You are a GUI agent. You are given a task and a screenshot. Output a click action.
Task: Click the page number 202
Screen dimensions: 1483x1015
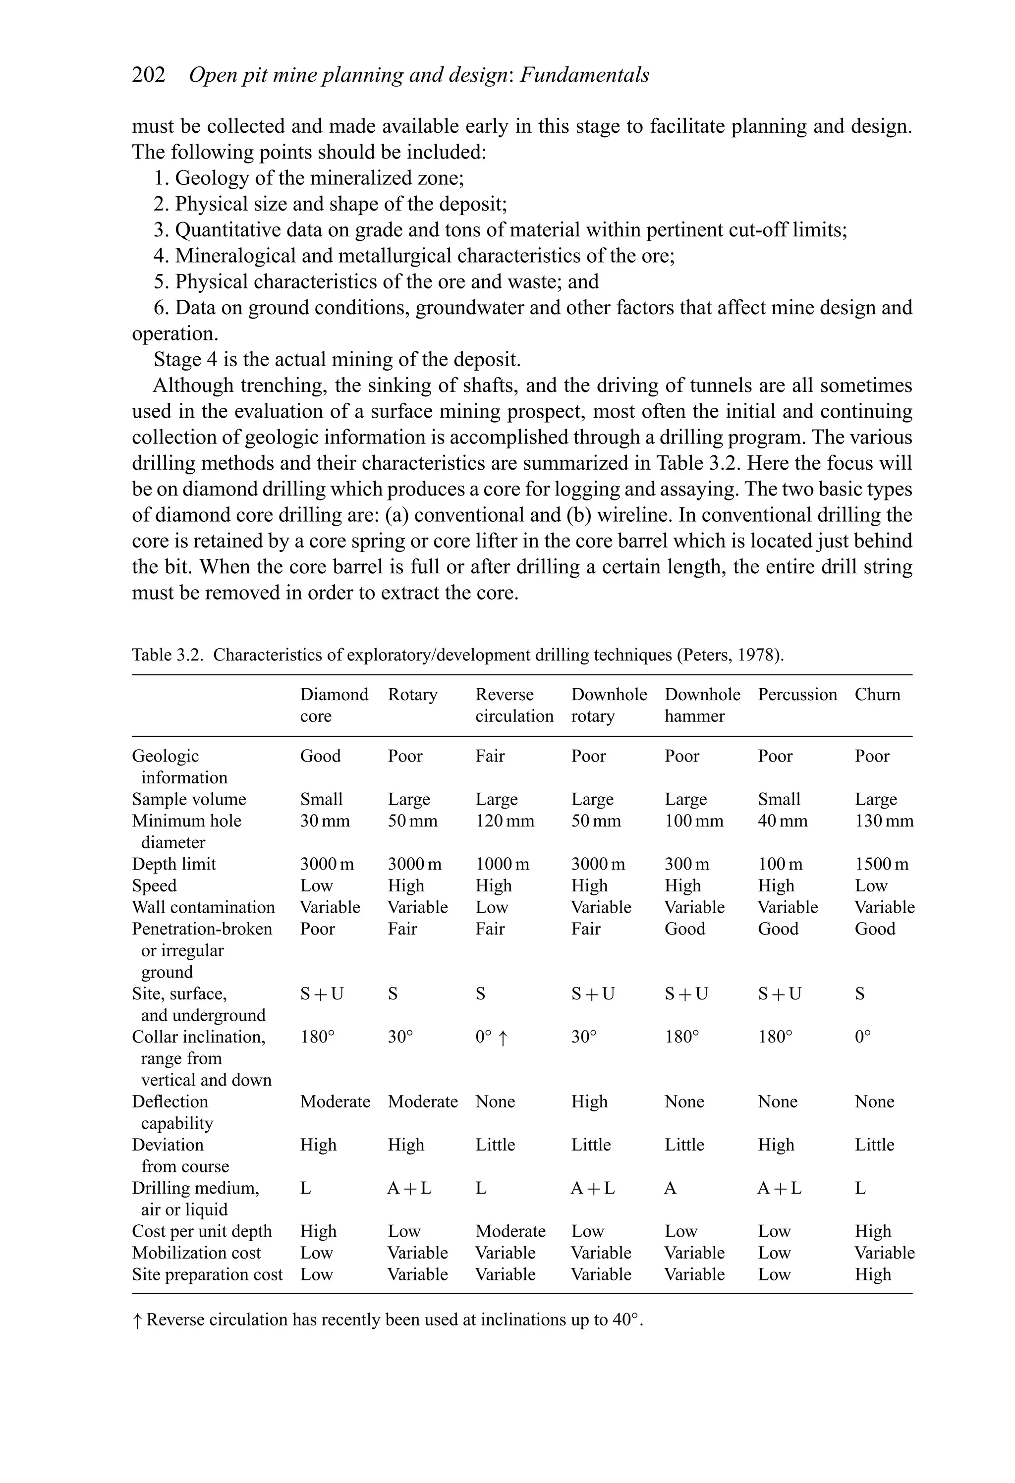[x=148, y=75]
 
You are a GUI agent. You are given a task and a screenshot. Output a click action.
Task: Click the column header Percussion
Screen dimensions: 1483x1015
[x=796, y=694]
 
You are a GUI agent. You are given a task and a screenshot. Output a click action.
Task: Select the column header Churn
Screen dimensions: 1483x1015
[x=877, y=694]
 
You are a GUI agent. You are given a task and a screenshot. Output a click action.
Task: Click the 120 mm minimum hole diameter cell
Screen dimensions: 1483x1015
[x=505, y=821]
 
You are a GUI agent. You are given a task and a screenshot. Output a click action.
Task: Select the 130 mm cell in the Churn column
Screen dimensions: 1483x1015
[x=884, y=821]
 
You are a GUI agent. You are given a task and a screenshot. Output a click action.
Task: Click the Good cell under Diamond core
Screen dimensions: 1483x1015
[x=321, y=756]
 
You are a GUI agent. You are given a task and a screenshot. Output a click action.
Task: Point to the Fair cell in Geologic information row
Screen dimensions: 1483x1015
[x=490, y=756]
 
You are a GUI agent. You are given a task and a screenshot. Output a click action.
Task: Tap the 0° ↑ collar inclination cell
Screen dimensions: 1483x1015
[x=492, y=1037]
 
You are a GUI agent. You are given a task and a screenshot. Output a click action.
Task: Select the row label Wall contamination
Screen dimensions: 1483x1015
[x=203, y=907]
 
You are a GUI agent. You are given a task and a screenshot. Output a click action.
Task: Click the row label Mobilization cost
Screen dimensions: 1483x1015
[x=196, y=1253]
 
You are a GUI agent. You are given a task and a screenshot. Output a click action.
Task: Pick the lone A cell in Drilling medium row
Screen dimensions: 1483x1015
[x=670, y=1188]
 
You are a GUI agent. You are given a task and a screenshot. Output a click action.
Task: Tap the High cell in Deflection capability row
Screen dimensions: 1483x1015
[x=589, y=1102]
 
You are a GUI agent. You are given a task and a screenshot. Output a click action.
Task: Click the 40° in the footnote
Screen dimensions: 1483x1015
[x=625, y=1319]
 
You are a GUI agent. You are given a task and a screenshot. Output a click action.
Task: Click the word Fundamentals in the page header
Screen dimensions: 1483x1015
[x=584, y=75]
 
